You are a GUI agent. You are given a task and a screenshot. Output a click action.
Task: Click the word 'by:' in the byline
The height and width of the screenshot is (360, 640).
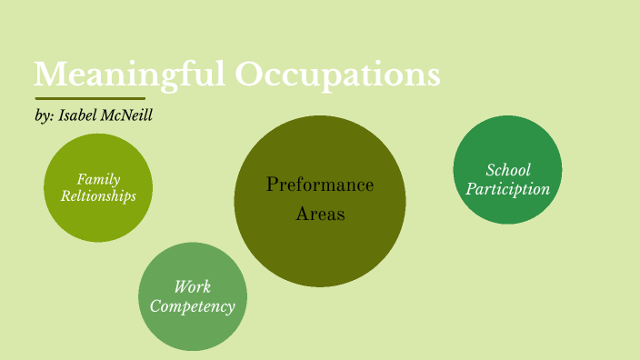[43, 117]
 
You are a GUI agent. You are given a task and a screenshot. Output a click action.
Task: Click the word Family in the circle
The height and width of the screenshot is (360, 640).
[98, 179]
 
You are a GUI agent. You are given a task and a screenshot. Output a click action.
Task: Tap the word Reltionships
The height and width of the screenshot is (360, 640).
[98, 195]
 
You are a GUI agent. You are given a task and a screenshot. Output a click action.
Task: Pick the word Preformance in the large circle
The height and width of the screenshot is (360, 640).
[320, 185]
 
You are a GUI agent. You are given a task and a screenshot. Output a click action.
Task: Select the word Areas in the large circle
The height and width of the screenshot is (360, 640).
[320, 215]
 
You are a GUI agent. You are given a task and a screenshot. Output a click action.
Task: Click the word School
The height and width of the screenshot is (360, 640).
[508, 170]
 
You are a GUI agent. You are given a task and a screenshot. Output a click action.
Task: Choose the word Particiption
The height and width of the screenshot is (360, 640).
[508, 189]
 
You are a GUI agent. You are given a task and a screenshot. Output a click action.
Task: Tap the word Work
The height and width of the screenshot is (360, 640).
[193, 287]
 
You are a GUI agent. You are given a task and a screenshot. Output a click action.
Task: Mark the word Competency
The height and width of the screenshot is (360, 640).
[193, 306]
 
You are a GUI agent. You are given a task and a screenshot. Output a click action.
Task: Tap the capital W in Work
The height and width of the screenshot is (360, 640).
[181, 287]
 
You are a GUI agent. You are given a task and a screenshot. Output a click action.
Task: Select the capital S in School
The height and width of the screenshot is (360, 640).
[490, 170]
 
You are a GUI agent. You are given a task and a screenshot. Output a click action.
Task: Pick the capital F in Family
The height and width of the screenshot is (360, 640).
[81, 179]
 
